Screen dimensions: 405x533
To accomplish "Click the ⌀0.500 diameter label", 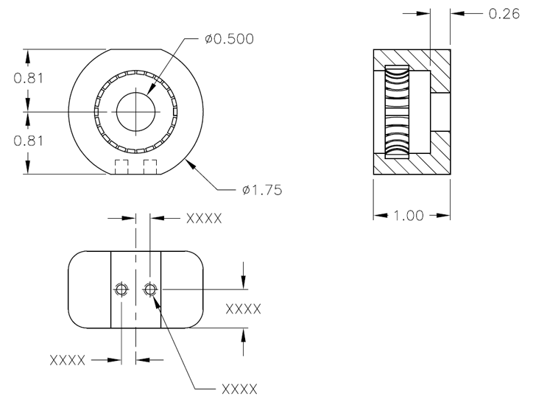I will (230, 39).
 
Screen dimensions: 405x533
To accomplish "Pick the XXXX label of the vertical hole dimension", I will (244, 310).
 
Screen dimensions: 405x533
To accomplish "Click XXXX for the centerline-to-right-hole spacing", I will (205, 219).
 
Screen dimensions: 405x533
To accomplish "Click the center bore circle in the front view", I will (135, 111).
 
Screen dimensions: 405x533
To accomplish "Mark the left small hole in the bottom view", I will (121, 290).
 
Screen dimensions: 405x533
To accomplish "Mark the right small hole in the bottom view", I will (150, 290).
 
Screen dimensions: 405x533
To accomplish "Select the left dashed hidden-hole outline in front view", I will (121, 166).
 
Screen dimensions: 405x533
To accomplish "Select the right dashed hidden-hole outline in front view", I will (150, 166).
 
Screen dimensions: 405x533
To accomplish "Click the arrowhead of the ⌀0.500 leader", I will (150, 91).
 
